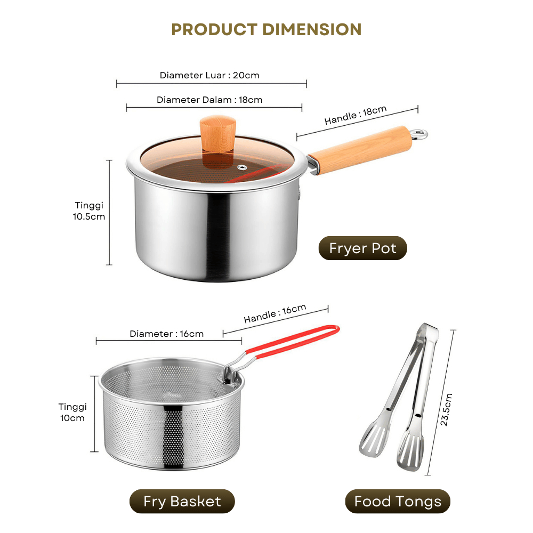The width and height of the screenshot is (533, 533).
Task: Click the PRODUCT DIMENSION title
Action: (266, 29)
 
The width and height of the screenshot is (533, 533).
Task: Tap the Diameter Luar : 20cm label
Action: (209, 75)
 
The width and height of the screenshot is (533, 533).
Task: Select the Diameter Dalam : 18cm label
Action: (209, 100)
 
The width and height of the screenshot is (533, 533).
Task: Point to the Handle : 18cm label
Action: (356, 115)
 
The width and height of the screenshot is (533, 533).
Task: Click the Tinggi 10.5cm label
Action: (89, 211)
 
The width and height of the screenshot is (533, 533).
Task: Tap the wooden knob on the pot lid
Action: (218, 134)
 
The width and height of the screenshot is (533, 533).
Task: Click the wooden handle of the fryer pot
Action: (360, 150)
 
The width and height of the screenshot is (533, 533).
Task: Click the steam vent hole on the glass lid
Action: (242, 167)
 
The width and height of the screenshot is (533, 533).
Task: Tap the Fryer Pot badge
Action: (362, 248)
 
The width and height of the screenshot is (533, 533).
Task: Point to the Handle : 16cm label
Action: (275, 313)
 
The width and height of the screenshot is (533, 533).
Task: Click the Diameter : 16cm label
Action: (166, 334)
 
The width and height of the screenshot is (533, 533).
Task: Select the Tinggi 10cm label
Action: (72, 413)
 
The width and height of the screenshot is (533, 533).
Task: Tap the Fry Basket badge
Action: (182, 502)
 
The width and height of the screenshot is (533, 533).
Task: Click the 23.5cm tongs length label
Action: (446, 409)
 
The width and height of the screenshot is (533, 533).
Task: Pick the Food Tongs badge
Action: (398, 502)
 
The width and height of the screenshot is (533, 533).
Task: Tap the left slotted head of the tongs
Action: (373, 439)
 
